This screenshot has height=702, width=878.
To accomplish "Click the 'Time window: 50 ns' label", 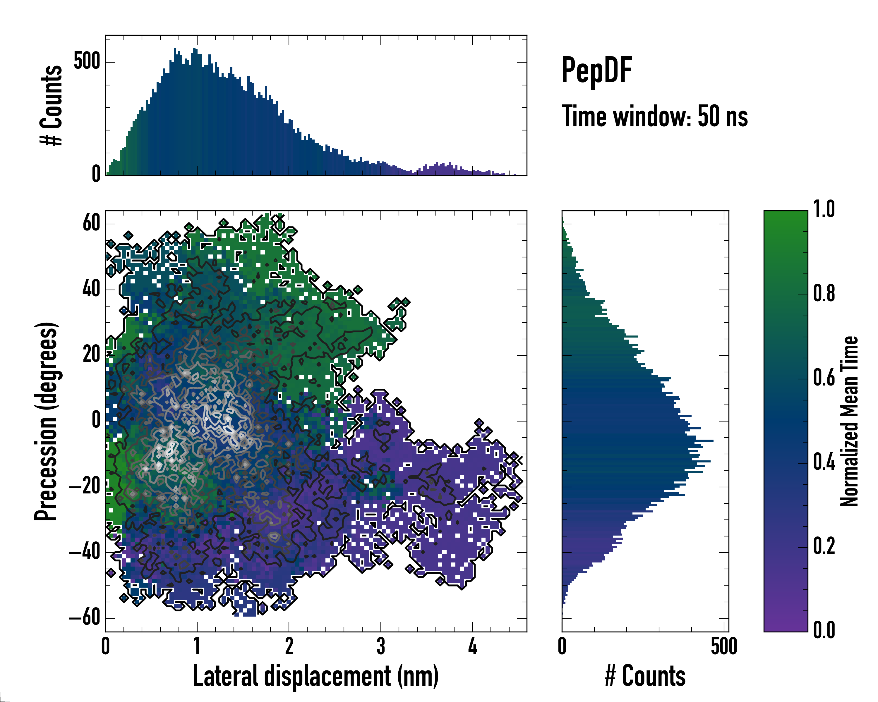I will pyautogui.click(x=654, y=116).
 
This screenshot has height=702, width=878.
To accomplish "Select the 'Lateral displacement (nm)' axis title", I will pyautogui.click(x=315, y=676).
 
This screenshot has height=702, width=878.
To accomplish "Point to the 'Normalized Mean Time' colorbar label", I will pyautogui.click(x=849, y=421).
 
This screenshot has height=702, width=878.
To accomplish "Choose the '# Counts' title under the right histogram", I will pyautogui.click(x=645, y=676).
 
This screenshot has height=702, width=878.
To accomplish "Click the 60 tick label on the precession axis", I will pyautogui.click(x=91, y=223).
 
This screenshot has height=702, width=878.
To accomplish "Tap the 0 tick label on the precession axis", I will pyautogui.click(x=96, y=420).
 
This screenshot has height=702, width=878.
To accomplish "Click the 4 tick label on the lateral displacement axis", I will pyautogui.click(x=472, y=646).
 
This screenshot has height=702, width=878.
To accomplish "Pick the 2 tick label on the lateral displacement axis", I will pyautogui.click(x=289, y=646).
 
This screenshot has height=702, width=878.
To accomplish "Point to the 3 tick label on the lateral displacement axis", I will pyautogui.click(x=381, y=646).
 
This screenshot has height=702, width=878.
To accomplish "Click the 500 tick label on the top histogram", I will pyautogui.click(x=87, y=61).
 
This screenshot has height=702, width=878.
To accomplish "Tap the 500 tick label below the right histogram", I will pyautogui.click(x=724, y=646).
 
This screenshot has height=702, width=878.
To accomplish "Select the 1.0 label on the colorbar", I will pyautogui.click(x=824, y=210).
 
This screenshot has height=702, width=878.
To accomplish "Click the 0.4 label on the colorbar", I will pyautogui.click(x=824, y=463).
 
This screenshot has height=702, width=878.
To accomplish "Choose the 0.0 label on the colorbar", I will pyautogui.click(x=824, y=630).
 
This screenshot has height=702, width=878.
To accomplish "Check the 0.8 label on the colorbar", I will pyautogui.click(x=824, y=294).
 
